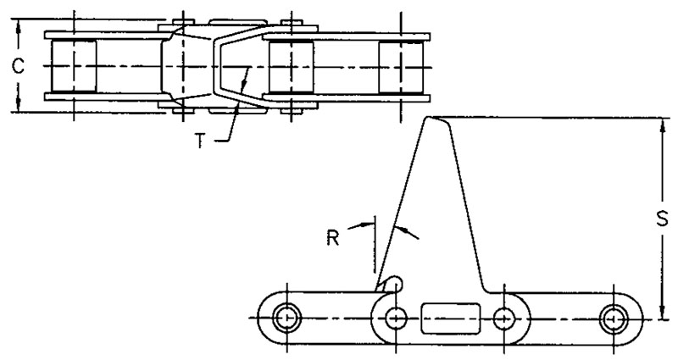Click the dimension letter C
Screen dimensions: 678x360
pos(17,66)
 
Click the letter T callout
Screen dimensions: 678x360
pos(199,141)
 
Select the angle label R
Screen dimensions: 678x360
pos(332,238)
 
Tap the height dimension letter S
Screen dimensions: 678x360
pos(662,219)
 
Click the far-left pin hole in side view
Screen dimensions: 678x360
pos(286,318)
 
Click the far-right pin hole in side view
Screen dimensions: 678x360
pos(614,318)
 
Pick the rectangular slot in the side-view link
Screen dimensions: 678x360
pos(451,318)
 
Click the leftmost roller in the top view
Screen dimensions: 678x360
pos(74,66)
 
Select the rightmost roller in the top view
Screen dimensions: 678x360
pos(401,66)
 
